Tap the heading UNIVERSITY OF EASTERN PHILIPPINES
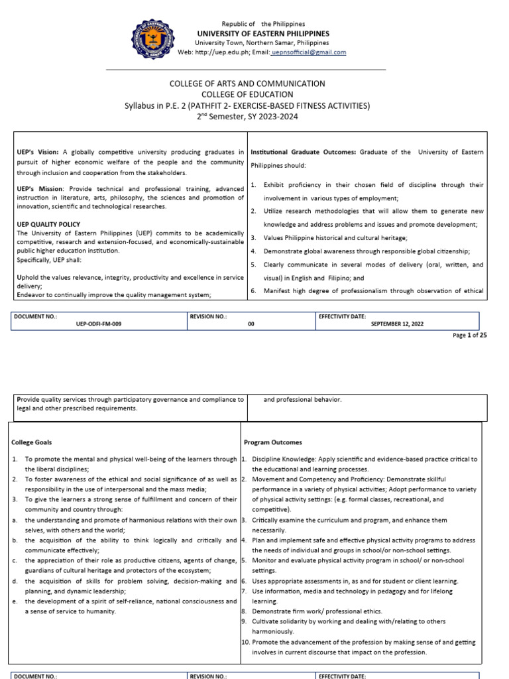tap(263, 34)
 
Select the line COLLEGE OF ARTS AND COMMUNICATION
tap(247, 84)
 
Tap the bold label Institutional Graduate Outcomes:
tap(304, 152)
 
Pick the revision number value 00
tap(251, 324)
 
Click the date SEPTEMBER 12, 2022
tap(398, 324)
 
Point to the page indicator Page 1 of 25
tap(470, 336)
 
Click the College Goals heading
tap(32, 442)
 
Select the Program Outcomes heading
tap(273, 442)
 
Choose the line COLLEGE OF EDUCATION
tap(247, 94)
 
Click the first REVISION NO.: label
tap(209, 316)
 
